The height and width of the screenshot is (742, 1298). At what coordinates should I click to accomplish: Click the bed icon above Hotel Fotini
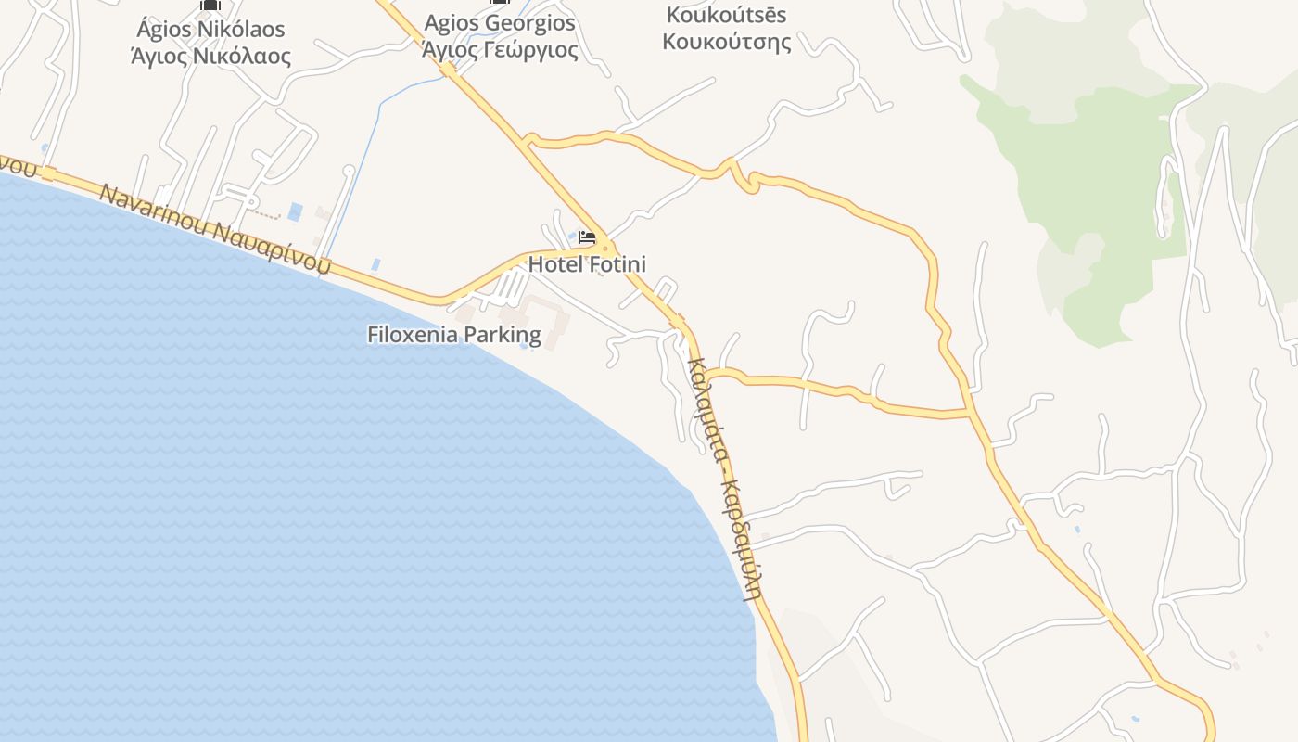coord(586,237)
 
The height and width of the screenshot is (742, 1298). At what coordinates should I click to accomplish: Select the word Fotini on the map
coord(616,264)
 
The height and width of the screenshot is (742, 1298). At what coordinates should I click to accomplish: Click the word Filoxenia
coord(413,334)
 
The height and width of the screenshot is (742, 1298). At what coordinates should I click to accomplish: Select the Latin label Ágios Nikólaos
coord(210,30)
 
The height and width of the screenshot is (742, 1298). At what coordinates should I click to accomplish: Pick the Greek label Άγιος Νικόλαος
coord(210,57)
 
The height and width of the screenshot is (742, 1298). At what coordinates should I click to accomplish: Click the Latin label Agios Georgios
coord(500,23)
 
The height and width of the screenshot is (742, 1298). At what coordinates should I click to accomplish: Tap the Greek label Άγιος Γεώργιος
coord(500,49)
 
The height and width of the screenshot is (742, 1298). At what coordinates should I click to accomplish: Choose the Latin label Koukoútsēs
coord(727,15)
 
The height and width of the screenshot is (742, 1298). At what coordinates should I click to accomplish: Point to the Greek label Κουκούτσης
coord(727,42)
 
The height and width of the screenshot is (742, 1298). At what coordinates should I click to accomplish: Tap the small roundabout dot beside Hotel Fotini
coord(605,248)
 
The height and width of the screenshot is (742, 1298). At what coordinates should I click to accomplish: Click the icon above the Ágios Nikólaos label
coord(210,5)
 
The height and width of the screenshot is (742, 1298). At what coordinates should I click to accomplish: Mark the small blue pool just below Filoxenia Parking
coord(525,346)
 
